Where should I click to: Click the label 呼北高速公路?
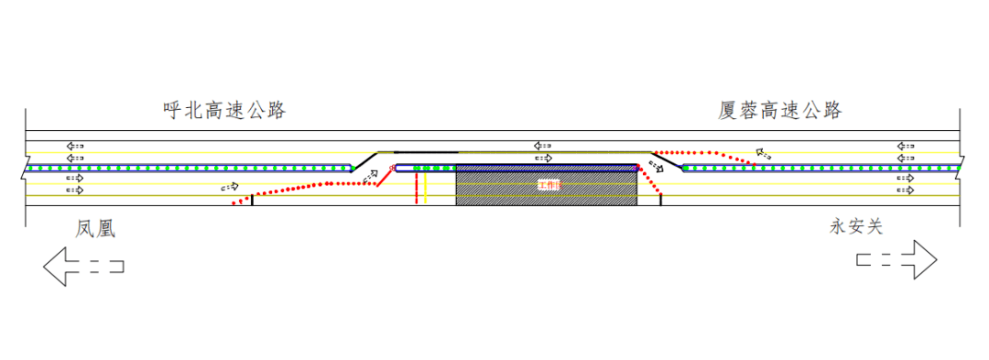coord(224,111)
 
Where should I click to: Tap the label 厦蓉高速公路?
coord(779,111)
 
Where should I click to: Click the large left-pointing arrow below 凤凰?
coord(83,267)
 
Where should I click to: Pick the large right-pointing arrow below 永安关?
coord(897,260)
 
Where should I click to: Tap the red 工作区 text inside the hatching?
coord(549,186)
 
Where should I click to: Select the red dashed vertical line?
coord(417,188)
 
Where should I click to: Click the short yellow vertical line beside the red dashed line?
coord(426,188)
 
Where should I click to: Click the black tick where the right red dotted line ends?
coord(661,200)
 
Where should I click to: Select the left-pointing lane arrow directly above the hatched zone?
coord(543,145)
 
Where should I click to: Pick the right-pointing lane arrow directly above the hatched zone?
coord(543,158)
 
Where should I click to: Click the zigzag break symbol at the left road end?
coord(26,169)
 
